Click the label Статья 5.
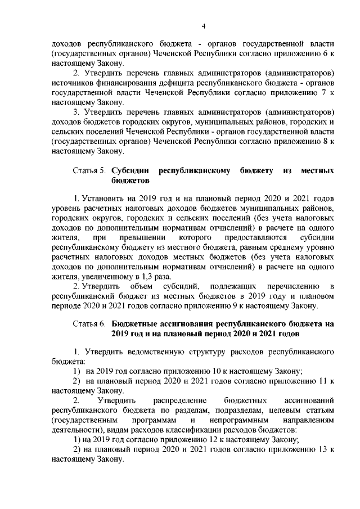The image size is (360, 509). point(89,169)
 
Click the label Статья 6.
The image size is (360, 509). point(89,325)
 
